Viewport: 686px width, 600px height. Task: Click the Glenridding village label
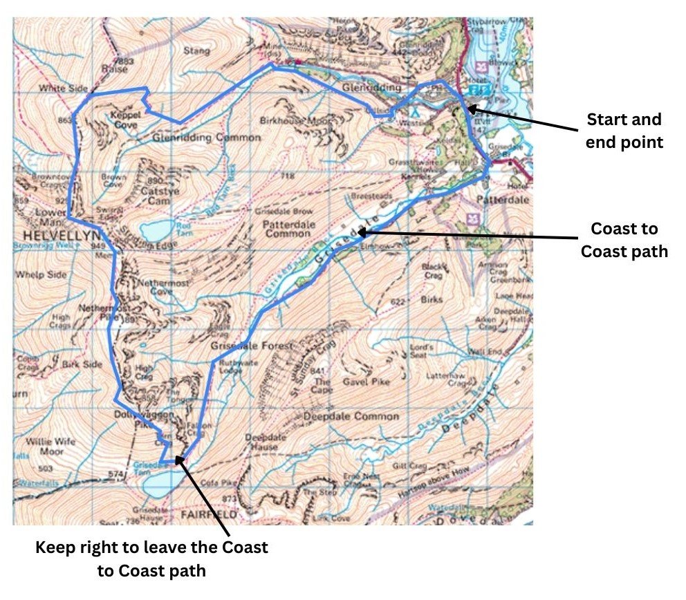[371, 88]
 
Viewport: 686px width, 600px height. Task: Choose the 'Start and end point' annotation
[624, 131]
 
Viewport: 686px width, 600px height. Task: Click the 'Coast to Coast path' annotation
[624, 239]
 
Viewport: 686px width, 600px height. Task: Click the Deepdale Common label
[351, 417]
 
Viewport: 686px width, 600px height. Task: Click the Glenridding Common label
[206, 138]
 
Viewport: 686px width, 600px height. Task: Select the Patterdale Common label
[286, 229]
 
